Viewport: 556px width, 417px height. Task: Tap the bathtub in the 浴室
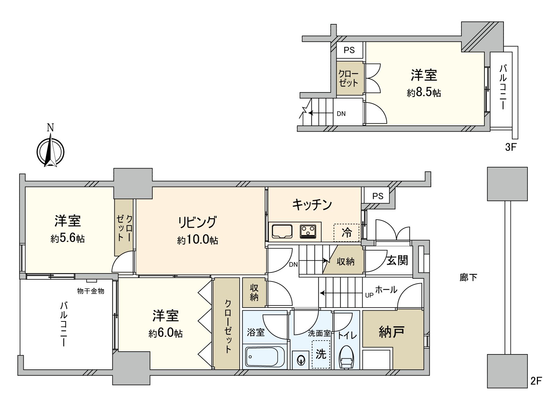pyautogui.click(x=265, y=356)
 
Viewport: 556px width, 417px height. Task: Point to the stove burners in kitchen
pyautogui.click(x=308, y=231)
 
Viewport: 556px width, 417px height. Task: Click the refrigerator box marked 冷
pyautogui.click(x=346, y=232)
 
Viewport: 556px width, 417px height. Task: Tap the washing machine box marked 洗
pyautogui.click(x=321, y=354)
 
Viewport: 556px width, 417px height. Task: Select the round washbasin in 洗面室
pyautogui.click(x=300, y=360)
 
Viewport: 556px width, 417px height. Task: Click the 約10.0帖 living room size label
pyautogui.click(x=198, y=240)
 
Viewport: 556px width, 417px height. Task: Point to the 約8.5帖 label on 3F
pyautogui.click(x=424, y=93)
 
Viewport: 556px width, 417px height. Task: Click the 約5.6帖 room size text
pyautogui.click(x=67, y=239)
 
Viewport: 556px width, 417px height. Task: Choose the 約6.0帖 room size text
pyautogui.click(x=165, y=334)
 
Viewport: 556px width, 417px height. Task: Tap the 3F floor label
pyautogui.click(x=511, y=147)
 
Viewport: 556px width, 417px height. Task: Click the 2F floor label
pyautogui.click(x=536, y=381)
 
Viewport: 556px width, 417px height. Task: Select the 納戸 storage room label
pyautogui.click(x=391, y=332)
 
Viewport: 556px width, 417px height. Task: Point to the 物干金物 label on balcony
pyautogui.click(x=91, y=291)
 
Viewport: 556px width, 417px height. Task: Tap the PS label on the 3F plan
pyautogui.click(x=349, y=50)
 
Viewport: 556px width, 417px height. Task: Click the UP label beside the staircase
pyautogui.click(x=369, y=295)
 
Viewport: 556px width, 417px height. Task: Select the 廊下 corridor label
pyautogui.click(x=468, y=277)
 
